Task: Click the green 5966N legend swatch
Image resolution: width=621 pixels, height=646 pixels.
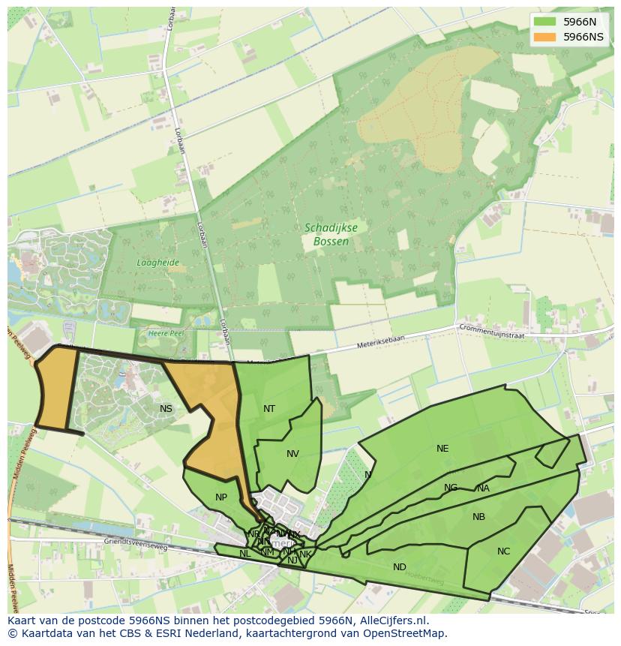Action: (x=545, y=22)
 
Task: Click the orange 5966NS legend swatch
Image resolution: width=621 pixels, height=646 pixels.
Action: (x=545, y=37)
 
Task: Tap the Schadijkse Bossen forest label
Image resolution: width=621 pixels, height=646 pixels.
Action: (x=327, y=234)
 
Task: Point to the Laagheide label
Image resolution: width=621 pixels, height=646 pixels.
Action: (x=157, y=263)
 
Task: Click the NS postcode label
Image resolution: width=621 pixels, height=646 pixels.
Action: (x=166, y=409)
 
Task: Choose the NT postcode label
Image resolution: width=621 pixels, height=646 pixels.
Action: (x=269, y=409)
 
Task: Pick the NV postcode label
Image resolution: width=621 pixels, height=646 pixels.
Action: (x=292, y=454)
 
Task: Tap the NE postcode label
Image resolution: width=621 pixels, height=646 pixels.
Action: (x=442, y=449)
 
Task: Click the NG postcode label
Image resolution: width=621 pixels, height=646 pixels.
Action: (x=450, y=488)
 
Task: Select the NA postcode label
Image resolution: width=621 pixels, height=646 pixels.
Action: (x=483, y=488)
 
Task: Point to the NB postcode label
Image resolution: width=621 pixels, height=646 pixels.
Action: (x=478, y=517)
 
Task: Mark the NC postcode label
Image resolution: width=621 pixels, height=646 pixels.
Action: (x=503, y=551)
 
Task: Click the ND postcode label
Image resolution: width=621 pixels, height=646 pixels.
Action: (x=400, y=567)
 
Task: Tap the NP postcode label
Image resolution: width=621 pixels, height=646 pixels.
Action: (x=221, y=497)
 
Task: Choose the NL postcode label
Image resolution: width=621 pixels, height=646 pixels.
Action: (x=244, y=554)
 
